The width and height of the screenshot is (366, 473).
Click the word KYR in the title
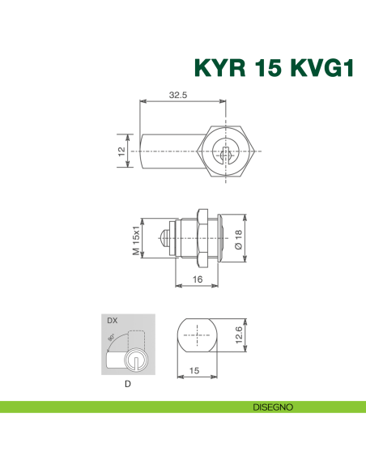[216, 67]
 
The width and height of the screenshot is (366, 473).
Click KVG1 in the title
[317, 67]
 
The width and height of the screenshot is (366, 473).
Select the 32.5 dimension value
[178, 95]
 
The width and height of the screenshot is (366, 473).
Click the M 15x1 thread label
[136, 238]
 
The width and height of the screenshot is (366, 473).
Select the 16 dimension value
[197, 279]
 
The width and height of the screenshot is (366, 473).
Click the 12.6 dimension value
[237, 335]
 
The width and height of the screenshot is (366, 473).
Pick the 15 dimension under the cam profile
[195, 369]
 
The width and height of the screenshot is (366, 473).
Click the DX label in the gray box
[112, 322]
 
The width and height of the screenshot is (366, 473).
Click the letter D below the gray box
[127, 385]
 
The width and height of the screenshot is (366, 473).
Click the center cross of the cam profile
[196, 335]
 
